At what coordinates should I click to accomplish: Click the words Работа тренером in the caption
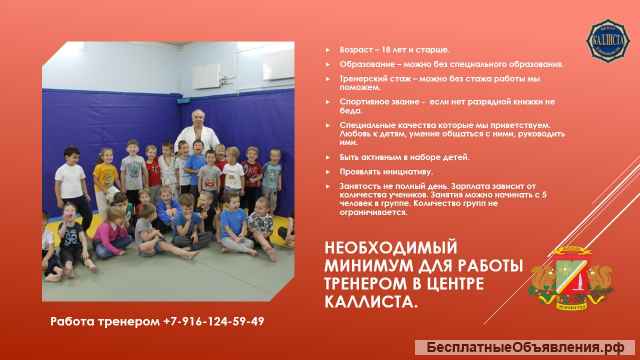coord(103,321)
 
